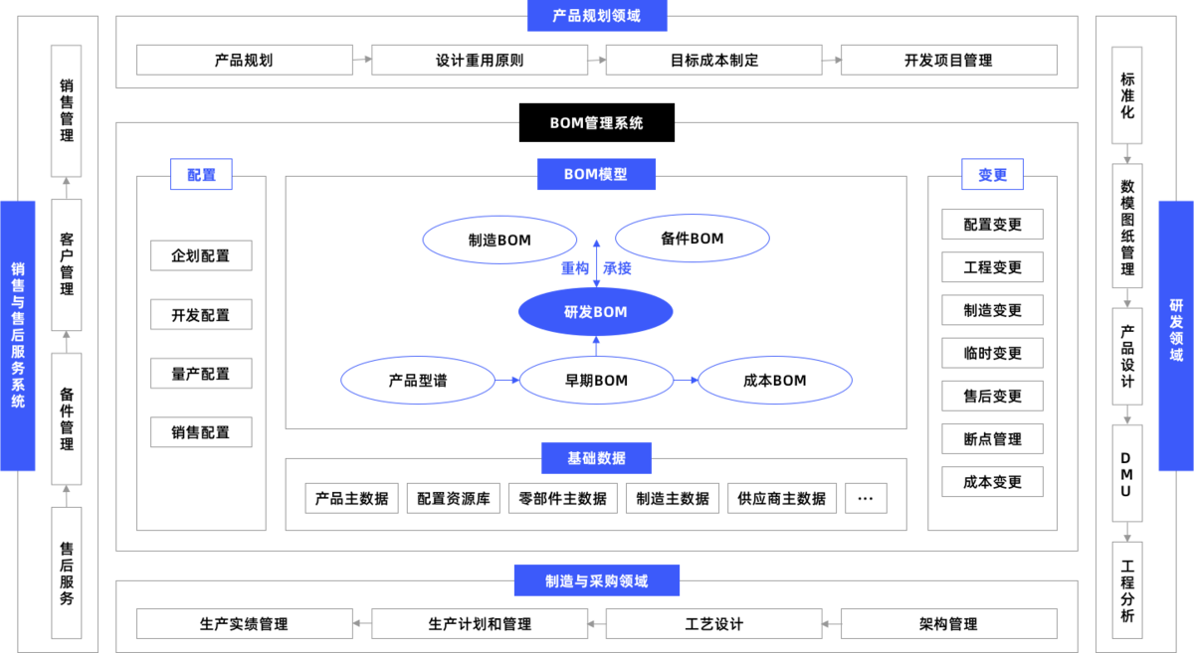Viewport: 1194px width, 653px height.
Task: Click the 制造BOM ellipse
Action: [x=499, y=240]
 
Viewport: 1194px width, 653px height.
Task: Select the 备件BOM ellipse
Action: [x=692, y=239]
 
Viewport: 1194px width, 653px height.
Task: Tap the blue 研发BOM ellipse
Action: [x=595, y=312]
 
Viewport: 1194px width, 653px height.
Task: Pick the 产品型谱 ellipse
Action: [x=417, y=381]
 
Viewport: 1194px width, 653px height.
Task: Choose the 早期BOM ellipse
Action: [x=596, y=381]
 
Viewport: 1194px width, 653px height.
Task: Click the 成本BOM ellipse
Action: [x=774, y=381]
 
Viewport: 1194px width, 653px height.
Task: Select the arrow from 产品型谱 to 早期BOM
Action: [x=506, y=380]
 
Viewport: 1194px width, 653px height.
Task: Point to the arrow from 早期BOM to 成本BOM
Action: [x=686, y=380]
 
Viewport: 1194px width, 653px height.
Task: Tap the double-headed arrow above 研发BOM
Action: [x=596, y=261]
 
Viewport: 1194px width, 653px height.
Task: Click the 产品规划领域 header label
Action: [x=597, y=16]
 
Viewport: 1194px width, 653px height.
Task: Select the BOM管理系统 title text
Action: [x=597, y=123]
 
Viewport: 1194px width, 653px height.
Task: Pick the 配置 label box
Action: [x=201, y=175]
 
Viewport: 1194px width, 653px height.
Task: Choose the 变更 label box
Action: [x=992, y=175]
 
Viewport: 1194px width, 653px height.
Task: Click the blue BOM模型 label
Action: [x=596, y=174]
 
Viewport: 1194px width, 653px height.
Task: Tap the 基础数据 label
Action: [x=597, y=458]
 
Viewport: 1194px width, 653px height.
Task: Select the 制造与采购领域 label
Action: [x=597, y=580]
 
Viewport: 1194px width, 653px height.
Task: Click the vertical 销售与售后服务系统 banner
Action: [x=18, y=335]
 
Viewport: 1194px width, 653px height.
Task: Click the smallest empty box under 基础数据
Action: [x=866, y=498]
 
